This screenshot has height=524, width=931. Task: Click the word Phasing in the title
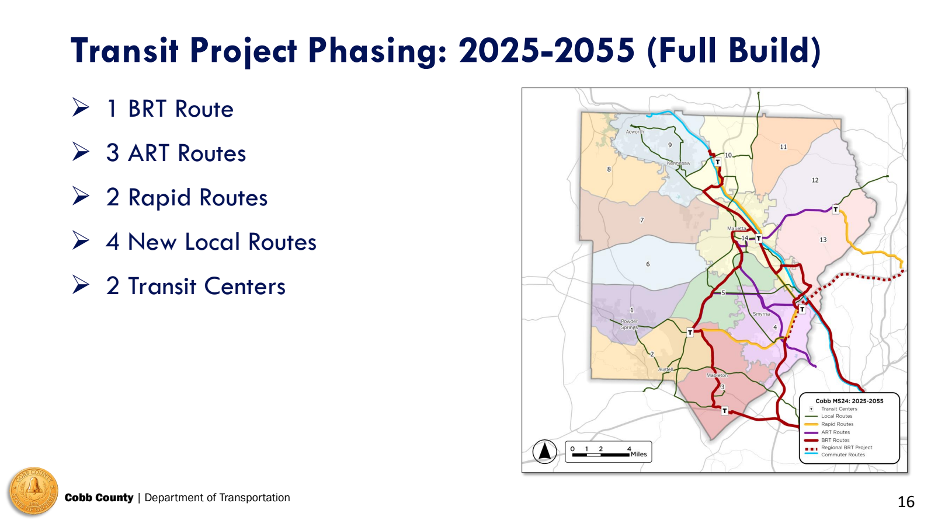point(377,50)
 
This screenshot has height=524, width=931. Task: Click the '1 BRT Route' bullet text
point(170,109)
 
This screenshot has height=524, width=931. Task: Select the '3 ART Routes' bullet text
point(176,153)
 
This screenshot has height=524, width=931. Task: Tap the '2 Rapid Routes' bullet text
point(186,198)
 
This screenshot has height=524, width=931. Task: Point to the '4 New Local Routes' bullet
point(211,242)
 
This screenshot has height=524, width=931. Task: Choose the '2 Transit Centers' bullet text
point(196,287)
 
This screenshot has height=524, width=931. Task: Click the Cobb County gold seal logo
point(33,492)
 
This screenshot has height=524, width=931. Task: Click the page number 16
point(905,502)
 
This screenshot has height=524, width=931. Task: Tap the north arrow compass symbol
point(544,452)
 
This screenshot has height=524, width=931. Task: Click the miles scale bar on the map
point(608,452)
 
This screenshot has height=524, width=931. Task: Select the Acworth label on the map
point(635,132)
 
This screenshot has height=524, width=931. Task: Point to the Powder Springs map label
point(629,324)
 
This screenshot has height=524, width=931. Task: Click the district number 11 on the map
point(783,147)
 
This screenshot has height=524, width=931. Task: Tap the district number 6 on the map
point(648,264)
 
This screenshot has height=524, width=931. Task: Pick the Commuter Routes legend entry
point(843,455)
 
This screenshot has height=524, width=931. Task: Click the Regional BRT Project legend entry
point(846,448)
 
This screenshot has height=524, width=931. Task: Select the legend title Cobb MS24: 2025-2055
point(849,401)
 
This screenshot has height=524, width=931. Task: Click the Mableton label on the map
point(717,375)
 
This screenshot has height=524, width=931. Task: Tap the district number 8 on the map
point(609,169)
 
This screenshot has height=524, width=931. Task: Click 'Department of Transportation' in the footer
point(217,498)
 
